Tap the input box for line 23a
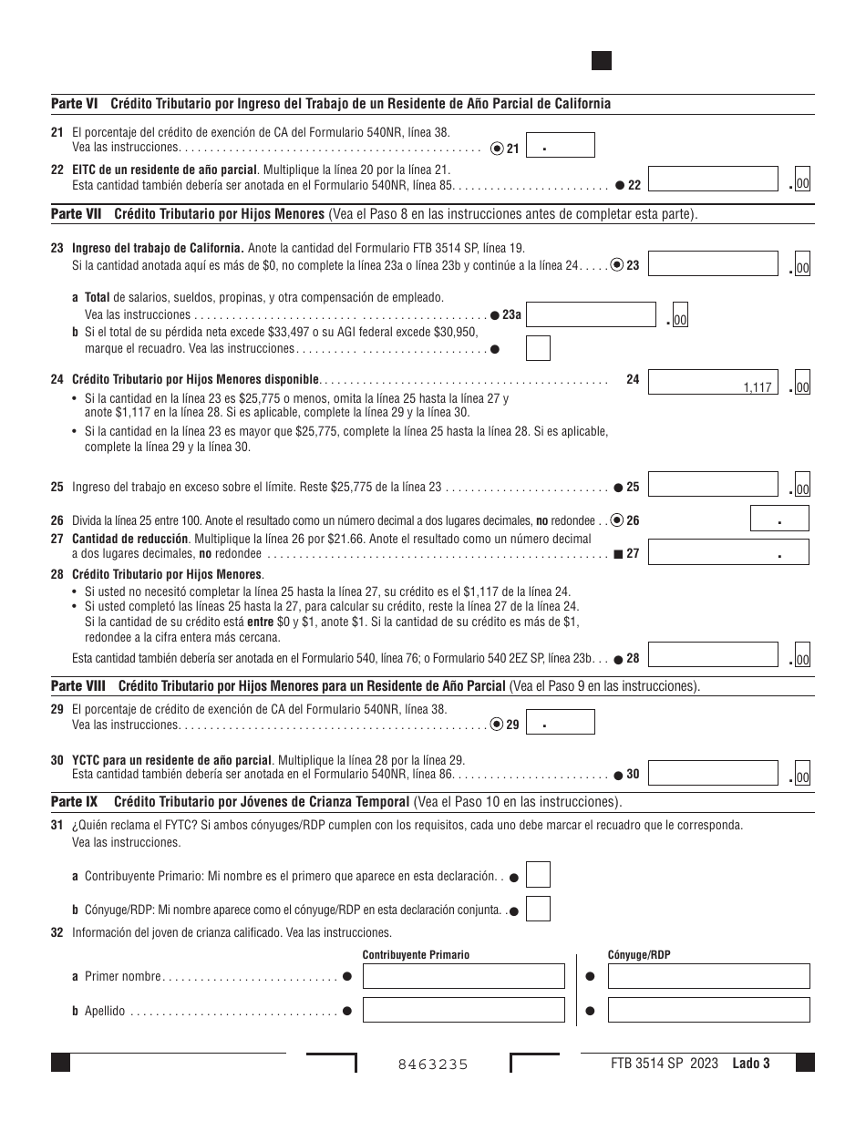coord(591,315)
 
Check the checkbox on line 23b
coord(539,348)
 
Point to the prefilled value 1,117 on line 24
coord(757,387)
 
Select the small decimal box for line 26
coord(779,519)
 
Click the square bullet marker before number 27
coord(618,553)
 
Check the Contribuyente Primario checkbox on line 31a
coord(539,876)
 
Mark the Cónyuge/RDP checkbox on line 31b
coord(539,909)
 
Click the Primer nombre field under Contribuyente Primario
coord(463,976)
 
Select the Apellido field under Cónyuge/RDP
coord(708,1010)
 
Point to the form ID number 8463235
coord(433,1064)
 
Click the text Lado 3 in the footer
coord(751,1063)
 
